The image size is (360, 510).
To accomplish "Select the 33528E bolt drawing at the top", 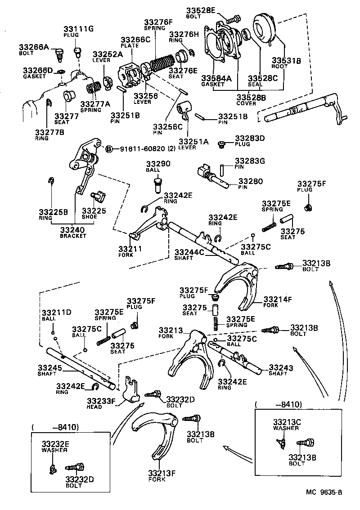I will click(233, 20).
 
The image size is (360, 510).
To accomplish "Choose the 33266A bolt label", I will click(34, 46).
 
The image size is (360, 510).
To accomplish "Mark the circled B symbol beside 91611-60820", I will click(108, 148).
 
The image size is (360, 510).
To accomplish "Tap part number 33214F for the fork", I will click(278, 299).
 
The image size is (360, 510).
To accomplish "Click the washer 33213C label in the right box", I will click(286, 422).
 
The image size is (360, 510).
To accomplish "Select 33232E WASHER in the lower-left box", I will click(55, 444).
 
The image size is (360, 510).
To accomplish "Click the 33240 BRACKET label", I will click(73, 230).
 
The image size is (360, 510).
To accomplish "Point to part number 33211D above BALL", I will click(57, 312).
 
